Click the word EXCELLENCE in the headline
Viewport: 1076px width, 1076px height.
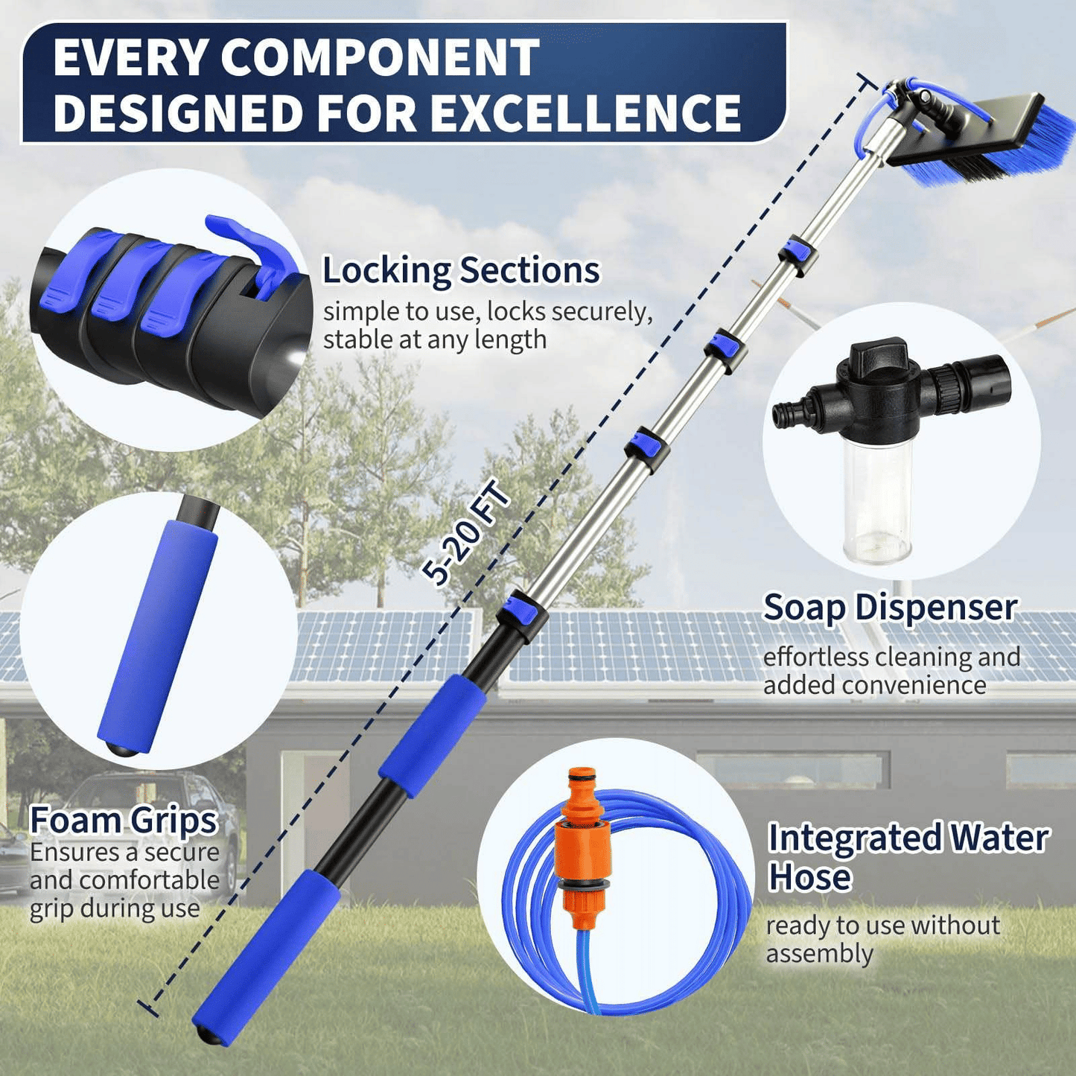click(x=585, y=112)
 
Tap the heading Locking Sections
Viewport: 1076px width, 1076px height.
click(x=461, y=271)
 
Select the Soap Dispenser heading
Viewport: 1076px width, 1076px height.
click(x=890, y=608)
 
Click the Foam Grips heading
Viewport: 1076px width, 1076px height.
click(x=124, y=821)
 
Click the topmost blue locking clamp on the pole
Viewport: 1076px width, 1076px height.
click(x=798, y=255)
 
